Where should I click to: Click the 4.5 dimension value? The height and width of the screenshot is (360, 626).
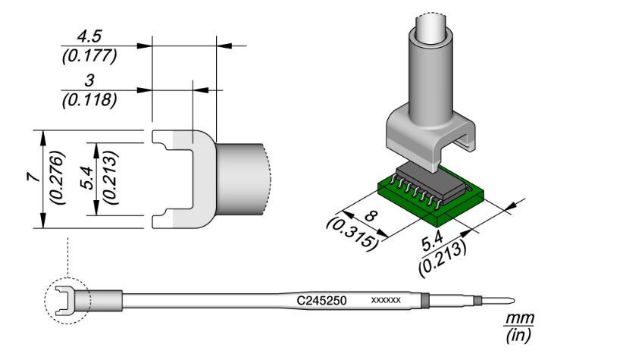point(89,36)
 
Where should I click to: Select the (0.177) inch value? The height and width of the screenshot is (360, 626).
point(89,56)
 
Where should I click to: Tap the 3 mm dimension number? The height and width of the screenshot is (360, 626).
point(89,80)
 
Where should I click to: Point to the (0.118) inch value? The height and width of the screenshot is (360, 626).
point(89,100)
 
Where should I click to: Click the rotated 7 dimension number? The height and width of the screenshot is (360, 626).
point(34,177)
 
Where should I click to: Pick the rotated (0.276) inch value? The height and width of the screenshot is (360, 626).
point(58,178)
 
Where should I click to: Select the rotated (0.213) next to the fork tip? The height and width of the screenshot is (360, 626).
point(110,178)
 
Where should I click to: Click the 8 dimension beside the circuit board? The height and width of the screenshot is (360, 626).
point(371,216)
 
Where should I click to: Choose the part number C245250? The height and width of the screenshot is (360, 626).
point(321,301)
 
